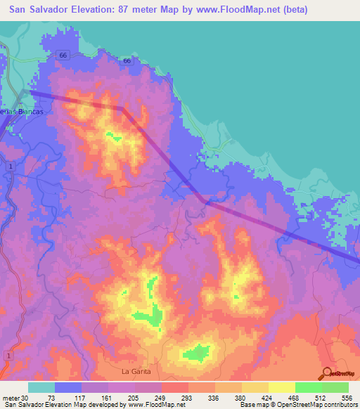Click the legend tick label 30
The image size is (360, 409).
[x=25, y=398]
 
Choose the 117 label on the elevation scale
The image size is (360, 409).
[x=82, y=398]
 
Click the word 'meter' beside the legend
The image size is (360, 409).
[x=11, y=398]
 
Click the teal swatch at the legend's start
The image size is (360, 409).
[x=41, y=387]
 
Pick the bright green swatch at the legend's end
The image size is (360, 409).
[x=335, y=387]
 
